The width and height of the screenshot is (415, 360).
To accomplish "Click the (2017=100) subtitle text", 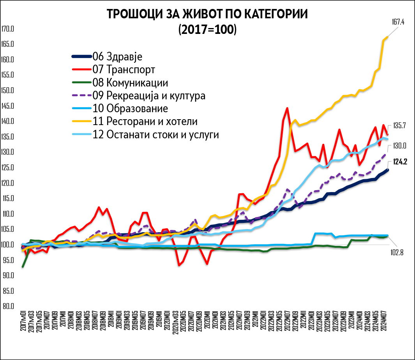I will (207, 30).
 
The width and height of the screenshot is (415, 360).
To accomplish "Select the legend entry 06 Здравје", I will (117, 56).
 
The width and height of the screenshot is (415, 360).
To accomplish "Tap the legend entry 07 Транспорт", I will (124, 70).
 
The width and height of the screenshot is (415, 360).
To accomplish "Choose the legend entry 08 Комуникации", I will (130, 83).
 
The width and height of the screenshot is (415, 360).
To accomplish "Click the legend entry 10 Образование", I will (130, 108).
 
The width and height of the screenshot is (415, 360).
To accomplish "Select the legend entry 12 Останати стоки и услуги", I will (156, 135).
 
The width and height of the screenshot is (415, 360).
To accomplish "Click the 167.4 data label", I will (398, 22).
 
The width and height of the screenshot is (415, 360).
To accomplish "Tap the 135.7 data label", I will (399, 125).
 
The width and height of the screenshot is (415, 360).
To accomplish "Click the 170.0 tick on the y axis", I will (8, 29).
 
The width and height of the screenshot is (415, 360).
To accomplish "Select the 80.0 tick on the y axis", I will (8, 306).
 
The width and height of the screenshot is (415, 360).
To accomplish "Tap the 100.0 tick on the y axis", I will (8, 245).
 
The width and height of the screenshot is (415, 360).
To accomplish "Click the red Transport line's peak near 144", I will (287, 108).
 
